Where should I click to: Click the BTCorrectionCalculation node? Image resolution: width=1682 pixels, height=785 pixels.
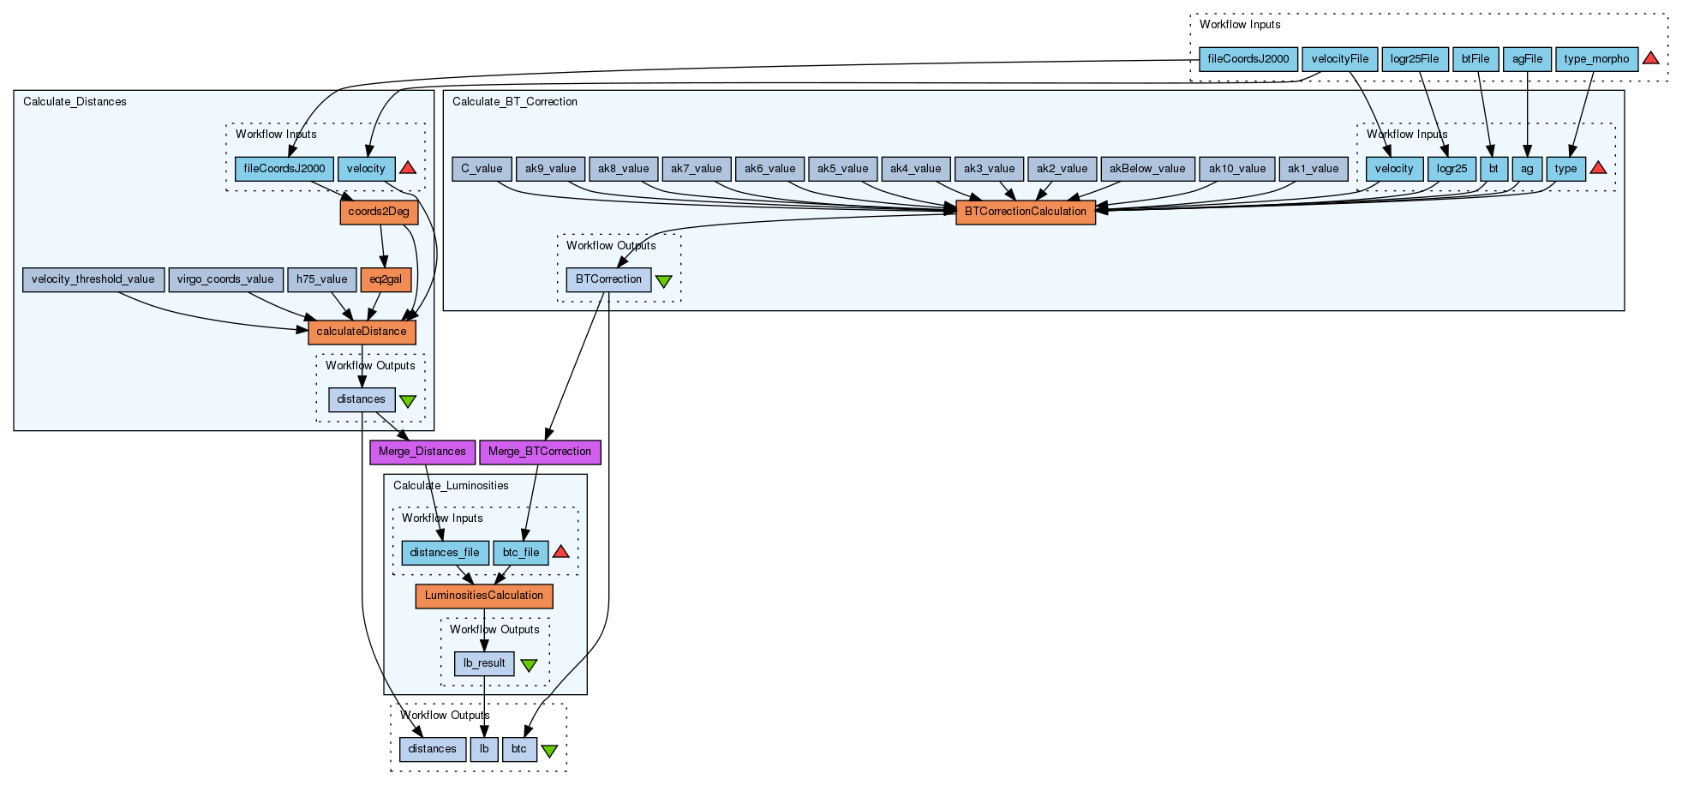(x=1026, y=212)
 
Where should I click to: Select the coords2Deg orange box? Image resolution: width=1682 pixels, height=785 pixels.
(x=379, y=212)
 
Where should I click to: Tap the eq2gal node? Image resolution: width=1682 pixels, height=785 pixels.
(x=386, y=279)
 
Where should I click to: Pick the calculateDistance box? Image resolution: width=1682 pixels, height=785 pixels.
(x=362, y=332)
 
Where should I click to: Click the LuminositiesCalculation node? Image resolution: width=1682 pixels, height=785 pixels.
(x=484, y=596)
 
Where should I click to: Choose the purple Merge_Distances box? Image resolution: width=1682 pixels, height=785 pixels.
(x=422, y=452)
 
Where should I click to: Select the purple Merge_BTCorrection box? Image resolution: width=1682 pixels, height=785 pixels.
(x=540, y=452)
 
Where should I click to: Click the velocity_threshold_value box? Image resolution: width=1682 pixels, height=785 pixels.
(x=93, y=279)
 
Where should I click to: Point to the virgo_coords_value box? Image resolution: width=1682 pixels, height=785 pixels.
(x=225, y=279)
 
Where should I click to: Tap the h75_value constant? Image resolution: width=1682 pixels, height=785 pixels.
(x=322, y=279)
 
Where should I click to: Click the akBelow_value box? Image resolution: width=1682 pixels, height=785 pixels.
(x=1147, y=169)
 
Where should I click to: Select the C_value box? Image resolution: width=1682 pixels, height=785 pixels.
(x=482, y=169)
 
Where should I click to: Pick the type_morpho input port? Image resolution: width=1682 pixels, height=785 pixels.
(x=1596, y=59)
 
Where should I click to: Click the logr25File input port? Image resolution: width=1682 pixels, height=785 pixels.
(x=1415, y=59)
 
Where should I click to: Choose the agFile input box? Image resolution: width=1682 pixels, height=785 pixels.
(x=1527, y=59)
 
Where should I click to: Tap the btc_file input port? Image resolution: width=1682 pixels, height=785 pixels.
(x=521, y=553)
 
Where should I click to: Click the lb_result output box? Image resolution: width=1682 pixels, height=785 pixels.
(x=484, y=663)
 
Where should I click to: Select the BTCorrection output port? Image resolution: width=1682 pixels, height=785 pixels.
(x=608, y=279)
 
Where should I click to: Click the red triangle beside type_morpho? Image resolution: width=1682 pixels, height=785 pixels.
(x=1651, y=58)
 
